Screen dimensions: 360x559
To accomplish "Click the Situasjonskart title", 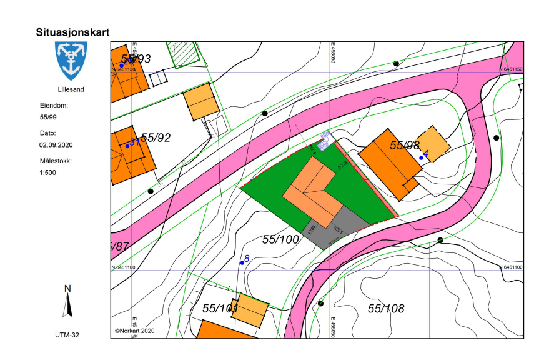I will pyautogui.click(x=73, y=32).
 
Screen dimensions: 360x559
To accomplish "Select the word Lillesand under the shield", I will pyautogui.click(x=70, y=89).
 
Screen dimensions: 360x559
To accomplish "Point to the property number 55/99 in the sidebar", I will pyautogui.click(x=48, y=117).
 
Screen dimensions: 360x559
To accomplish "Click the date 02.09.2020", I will pyautogui.click(x=56, y=144).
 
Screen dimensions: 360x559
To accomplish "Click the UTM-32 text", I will pyautogui.click(x=67, y=336).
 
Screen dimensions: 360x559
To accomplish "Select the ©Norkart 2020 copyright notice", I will pyautogui.click(x=134, y=331).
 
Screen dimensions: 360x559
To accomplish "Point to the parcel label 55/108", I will pyautogui.click(x=386, y=309).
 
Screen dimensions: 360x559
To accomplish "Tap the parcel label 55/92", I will pyautogui.click(x=156, y=137).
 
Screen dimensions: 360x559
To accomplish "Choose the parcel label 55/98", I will pyautogui.click(x=405, y=145).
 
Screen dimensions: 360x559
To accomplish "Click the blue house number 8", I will pyautogui.click(x=247, y=259).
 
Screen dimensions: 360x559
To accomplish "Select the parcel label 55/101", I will pyautogui.click(x=220, y=309).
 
